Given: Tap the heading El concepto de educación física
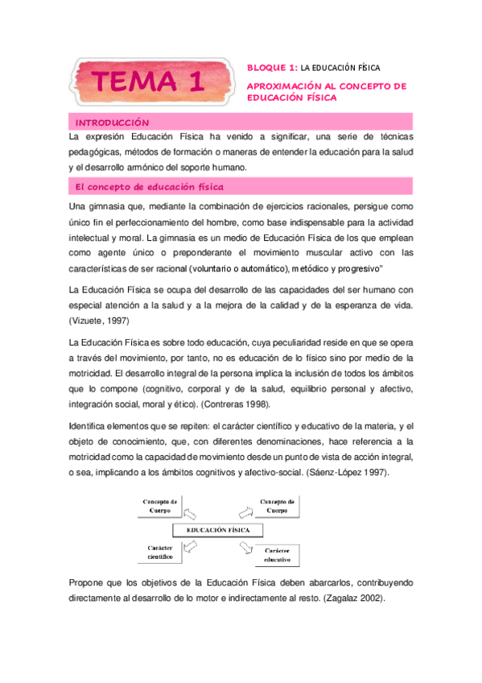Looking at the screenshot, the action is (x=148, y=187).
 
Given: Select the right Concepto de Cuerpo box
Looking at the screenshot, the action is (x=278, y=506).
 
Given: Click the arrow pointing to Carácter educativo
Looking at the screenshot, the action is (x=245, y=548).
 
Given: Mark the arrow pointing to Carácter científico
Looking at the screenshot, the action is (x=190, y=547).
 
